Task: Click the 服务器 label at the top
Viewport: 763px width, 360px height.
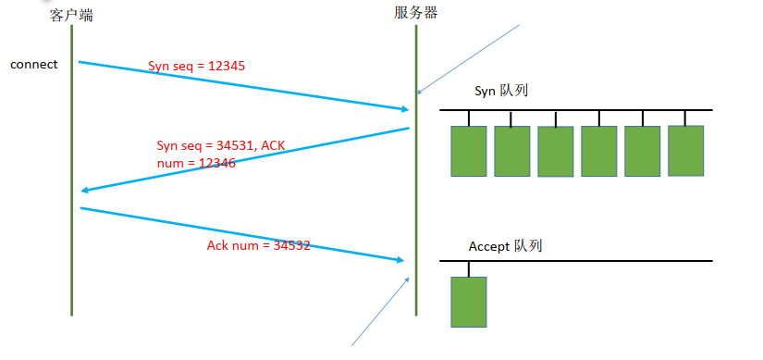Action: pos(415,12)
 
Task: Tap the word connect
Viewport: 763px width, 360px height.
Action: pos(34,65)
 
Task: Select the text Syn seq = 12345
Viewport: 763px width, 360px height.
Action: pos(197,67)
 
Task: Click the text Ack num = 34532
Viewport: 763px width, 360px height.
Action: pos(258,246)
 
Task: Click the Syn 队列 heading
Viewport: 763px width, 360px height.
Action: pos(499,90)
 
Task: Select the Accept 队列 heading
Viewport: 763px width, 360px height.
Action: pos(505,246)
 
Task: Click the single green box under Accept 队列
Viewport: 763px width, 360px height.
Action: pos(468,302)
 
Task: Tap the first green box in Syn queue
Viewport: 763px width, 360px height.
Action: pos(468,151)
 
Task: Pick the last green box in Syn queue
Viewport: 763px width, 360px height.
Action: pos(686,150)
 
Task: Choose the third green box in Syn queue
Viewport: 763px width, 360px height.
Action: pos(556,152)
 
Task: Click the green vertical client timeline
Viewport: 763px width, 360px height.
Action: pos(71,185)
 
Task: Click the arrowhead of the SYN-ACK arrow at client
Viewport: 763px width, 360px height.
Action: pos(85,190)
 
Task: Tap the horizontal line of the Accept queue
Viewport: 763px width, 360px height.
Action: pos(592,261)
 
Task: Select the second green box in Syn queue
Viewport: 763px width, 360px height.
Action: pos(511,151)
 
